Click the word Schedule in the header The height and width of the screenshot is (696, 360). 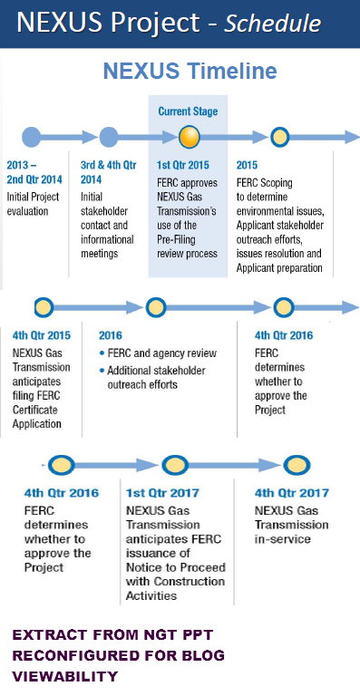pos(272,23)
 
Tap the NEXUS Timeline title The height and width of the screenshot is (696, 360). pos(190,71)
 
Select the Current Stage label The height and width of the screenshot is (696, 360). pos(189,111)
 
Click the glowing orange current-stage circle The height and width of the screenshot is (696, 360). pos(190,137)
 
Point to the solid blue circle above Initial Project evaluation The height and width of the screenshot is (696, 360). pos(31,137)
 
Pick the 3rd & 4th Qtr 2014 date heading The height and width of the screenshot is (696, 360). pos(108,173)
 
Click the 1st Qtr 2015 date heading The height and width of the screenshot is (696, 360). pos(183,166)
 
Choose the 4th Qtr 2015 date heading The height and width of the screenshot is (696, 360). pos(42,335)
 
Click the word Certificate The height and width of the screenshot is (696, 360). pos(34,410)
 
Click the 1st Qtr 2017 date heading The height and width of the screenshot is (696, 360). pos(162,493)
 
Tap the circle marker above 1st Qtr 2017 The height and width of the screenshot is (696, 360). pos(175,465)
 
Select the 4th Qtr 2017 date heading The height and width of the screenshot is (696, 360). pos(292,493)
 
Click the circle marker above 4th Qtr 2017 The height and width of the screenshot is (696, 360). pos(297,465)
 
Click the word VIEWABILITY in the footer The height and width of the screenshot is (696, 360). pos(64,676)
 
